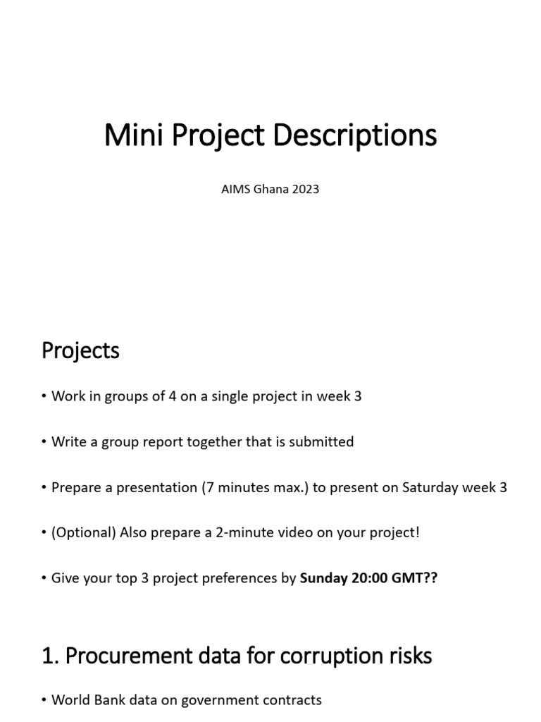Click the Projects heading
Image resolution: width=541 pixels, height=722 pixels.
80,350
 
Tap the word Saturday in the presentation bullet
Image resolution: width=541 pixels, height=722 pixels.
430,487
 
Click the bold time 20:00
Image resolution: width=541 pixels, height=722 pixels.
369,578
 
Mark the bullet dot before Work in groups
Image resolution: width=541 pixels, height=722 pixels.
44,397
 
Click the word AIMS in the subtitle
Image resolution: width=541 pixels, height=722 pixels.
235,189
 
